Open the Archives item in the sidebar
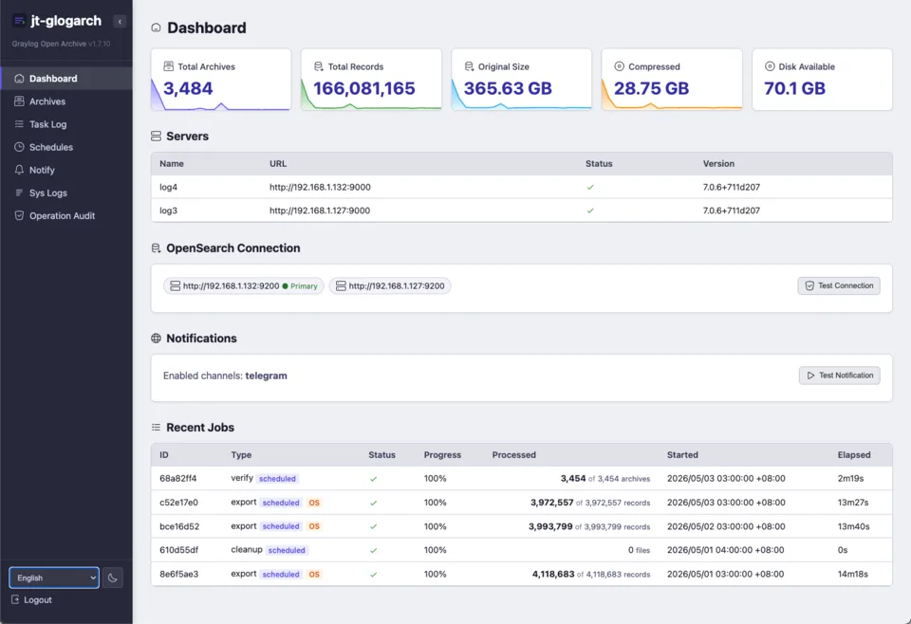[47, 101]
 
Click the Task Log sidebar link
[47, 124]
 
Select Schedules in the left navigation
[51, 147]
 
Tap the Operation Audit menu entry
[62, 216]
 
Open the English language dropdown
[54, 578]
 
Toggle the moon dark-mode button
[113, 578]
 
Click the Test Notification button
[840, 376]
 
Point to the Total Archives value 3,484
[188, 88]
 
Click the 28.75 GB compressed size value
[651, 88]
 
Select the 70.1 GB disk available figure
[794, 88]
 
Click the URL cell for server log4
[320, 188]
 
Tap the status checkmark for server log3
[590, 211]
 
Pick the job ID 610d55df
[179, 550]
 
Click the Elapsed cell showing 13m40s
[853, 526]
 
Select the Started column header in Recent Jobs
[682, 455]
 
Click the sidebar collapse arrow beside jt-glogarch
[120, 22]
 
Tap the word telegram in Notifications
[266, 376]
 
